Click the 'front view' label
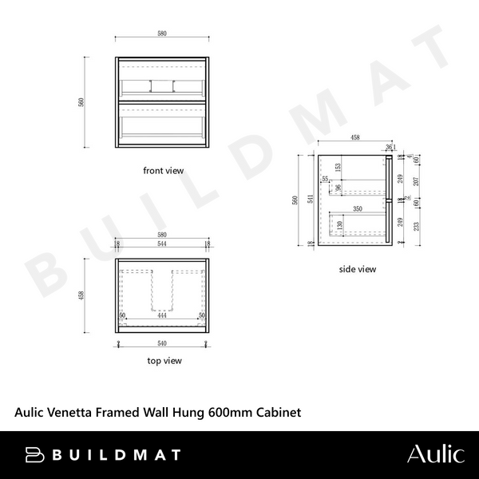pos(163,170)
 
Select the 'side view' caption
pos(357,269)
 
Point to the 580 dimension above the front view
pos(162,34)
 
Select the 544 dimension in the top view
pos(162,243)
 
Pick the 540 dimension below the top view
pos(162,343)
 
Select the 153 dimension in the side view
pos(338,168)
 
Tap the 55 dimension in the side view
pos(325,180)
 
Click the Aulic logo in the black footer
pos(435,455)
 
